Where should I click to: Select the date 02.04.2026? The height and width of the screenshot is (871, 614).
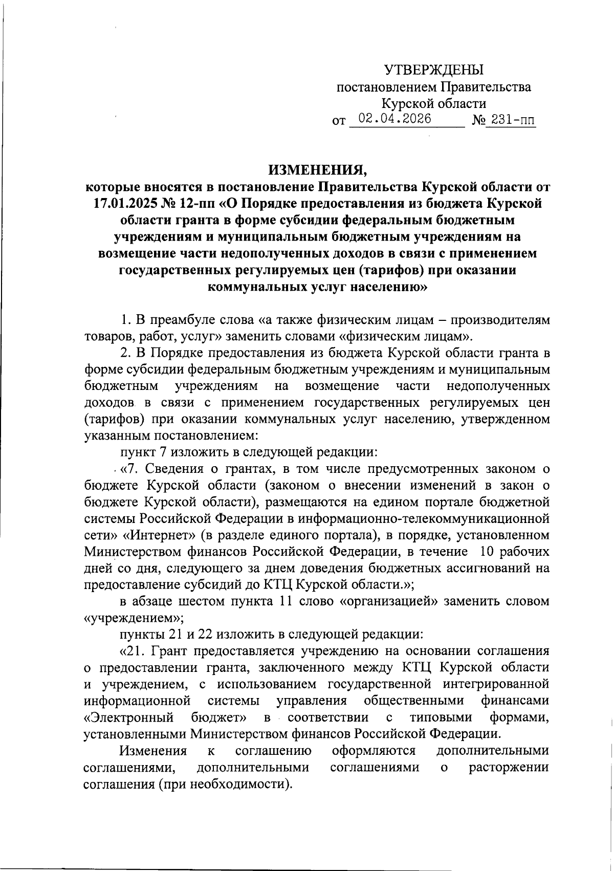(394, 119)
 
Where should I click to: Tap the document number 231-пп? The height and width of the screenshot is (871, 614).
(509, 120)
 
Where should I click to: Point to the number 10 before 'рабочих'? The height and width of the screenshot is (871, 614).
(488, 552)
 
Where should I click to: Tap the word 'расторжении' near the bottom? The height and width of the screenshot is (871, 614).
(509, 768)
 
